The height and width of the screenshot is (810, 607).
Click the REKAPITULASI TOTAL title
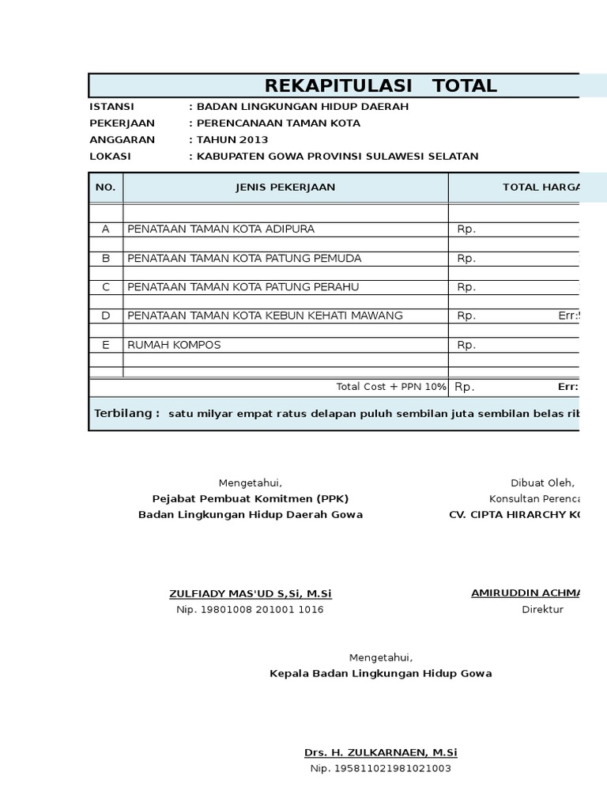coord(380,86)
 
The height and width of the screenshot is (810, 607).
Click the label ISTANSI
coord(111,107)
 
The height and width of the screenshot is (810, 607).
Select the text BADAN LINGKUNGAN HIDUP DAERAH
coord(302,107)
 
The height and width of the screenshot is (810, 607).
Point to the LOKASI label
coord(110,157)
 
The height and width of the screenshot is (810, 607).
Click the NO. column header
coord(105,187)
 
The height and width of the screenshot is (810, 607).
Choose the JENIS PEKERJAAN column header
coord(285,187)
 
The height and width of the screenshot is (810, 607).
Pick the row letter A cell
coord(105,229)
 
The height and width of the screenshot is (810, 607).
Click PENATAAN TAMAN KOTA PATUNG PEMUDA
coord(244,259)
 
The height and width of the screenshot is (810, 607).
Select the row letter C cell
coord(105,287)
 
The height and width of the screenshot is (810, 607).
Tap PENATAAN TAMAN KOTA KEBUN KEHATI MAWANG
coord(265,316)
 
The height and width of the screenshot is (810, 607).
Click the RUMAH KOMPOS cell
coord(174,345)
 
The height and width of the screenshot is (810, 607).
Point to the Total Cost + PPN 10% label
coord(391,387)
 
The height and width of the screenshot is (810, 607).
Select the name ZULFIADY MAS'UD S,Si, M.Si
coord(251,594)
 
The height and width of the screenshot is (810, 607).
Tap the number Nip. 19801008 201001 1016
coord(250,610)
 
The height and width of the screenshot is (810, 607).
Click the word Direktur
coord(542,610)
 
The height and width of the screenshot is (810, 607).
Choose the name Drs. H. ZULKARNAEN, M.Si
coord(381,752)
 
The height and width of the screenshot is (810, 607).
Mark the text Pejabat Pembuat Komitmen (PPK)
coord(251,498)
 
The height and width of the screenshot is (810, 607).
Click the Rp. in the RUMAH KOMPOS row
coord(466,345)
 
